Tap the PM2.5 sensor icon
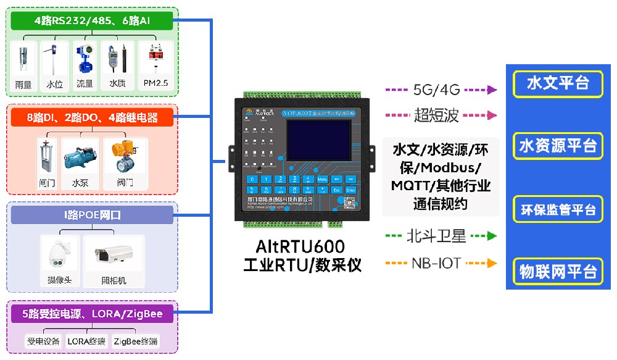click(x=155, y=61)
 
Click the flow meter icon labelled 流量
click(x=85, y=61)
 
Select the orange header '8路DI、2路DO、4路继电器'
click(x=92, y=117)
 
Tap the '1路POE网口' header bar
click(x=92, y=215)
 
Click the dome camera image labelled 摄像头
click(x=60, y=254)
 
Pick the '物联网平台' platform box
click(x=558, y=271)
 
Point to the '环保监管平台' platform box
click(x=558, y=209)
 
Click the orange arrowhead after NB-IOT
click(x=492, y=264)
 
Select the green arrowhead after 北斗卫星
click(x=492, y=236)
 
